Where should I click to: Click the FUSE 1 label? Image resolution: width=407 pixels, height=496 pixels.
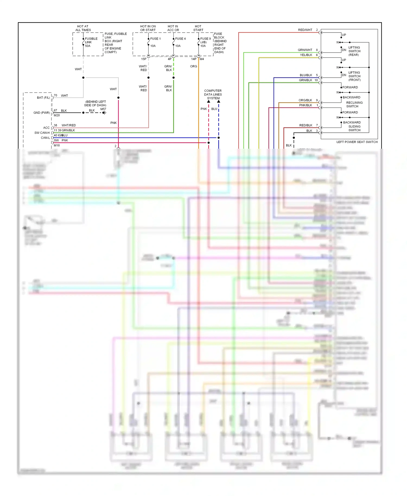click(x=155, y=39)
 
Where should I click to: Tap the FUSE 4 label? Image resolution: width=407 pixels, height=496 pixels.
click(x=180, y=39)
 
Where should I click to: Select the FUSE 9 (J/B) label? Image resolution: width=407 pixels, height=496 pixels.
click(x=205, y=40)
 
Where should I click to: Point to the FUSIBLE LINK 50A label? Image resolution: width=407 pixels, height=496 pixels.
click(x=91, y=42)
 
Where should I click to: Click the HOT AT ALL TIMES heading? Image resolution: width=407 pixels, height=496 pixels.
click(x=83, y=28)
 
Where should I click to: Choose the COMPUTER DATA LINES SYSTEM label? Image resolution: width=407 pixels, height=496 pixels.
click(x=213, y=94)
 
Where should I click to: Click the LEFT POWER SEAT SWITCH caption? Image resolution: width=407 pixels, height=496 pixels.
click(x=357, y=142)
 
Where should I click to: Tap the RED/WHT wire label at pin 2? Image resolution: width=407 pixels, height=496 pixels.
click(x=305, y=30)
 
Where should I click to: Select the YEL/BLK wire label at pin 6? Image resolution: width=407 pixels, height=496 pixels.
click(x=306, y=55)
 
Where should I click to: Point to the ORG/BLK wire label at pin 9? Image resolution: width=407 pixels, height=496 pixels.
click(x=305, y=100)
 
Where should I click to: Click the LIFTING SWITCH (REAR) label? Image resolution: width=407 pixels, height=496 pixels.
click(x=354, y=51)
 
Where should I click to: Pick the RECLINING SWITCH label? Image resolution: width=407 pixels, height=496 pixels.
click(x=354, y=104)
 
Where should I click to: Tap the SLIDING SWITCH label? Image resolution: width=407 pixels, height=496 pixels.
click(x=354, y=128)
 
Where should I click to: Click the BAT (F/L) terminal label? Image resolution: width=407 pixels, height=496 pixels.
click(x=43, y=98)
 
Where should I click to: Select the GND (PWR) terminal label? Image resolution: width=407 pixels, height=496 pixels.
click(x=42, y=113)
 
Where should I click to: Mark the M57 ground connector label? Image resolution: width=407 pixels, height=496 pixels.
click(x=103, y=109)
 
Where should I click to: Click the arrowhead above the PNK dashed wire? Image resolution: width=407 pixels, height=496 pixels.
click(x=208, y=101)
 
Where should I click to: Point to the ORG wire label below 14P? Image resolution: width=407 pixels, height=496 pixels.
click(x=193, y=66)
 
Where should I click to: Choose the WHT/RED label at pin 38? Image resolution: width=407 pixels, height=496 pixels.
click(x=69, y=125)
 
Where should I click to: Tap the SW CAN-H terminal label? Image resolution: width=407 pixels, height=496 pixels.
click(x=42, y=133)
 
